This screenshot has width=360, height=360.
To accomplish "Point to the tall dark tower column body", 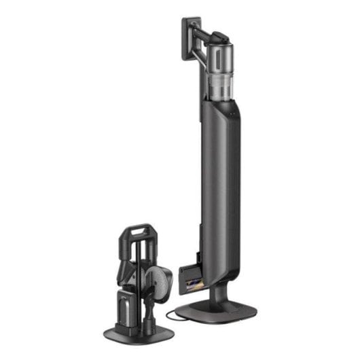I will [221, 177].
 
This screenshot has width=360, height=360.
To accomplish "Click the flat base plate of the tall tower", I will [224, 313].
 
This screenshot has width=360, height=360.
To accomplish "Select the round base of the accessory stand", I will [136, 330].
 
